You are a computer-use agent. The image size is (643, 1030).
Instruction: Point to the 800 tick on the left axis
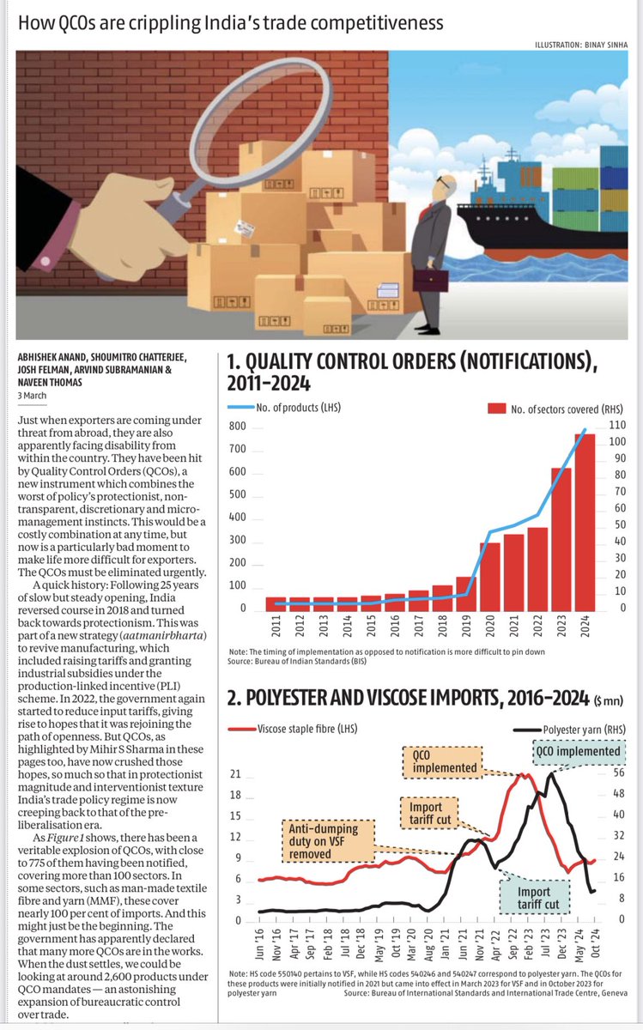[237, 427]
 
